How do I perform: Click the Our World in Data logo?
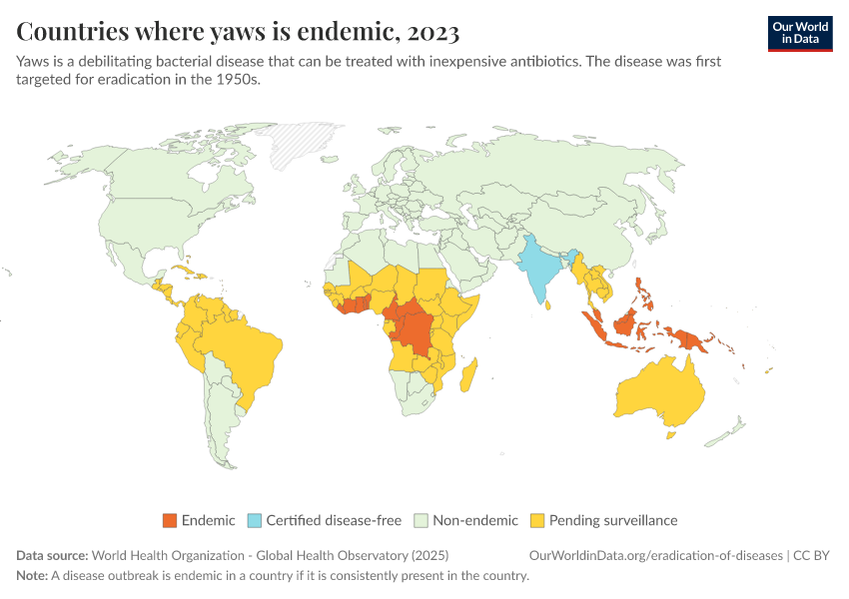pyautogui.click(x=799, y=33)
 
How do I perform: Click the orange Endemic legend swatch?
pyautogui.click(x=169, y=520)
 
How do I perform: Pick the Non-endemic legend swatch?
pyautogui.click(x=423, y=520)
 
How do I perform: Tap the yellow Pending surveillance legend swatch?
pyautogui.click(x=537, y=520)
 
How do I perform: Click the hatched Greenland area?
pyautogui.click(x=300, y=145)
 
